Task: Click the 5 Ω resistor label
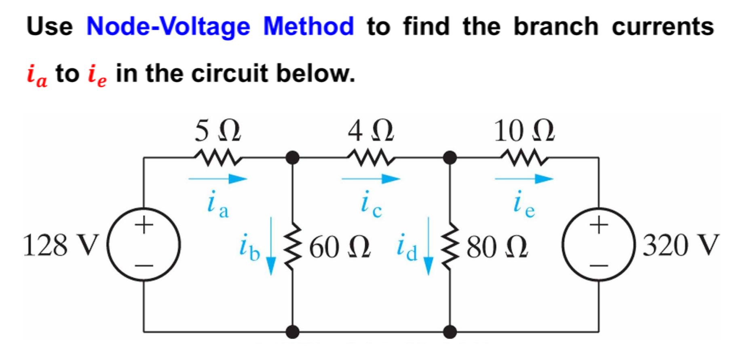click(217, 131)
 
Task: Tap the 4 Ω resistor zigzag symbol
click(371, 157)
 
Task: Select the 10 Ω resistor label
click(524, 131)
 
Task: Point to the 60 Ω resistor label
click(340, 247)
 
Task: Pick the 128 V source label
click(61, 246)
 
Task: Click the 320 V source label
click(681, 246)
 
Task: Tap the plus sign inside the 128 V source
click(144, 225)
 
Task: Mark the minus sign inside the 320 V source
click(599, 266)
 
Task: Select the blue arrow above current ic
click(371, 179)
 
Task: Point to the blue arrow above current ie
click(524, 179)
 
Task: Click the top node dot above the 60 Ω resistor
click(292, 157)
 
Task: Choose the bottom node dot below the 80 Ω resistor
click(450, 332)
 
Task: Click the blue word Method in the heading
click(308, 27)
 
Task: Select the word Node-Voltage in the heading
click(168, 27)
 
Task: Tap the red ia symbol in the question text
click(37, 75)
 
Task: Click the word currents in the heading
click(663, 27)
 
